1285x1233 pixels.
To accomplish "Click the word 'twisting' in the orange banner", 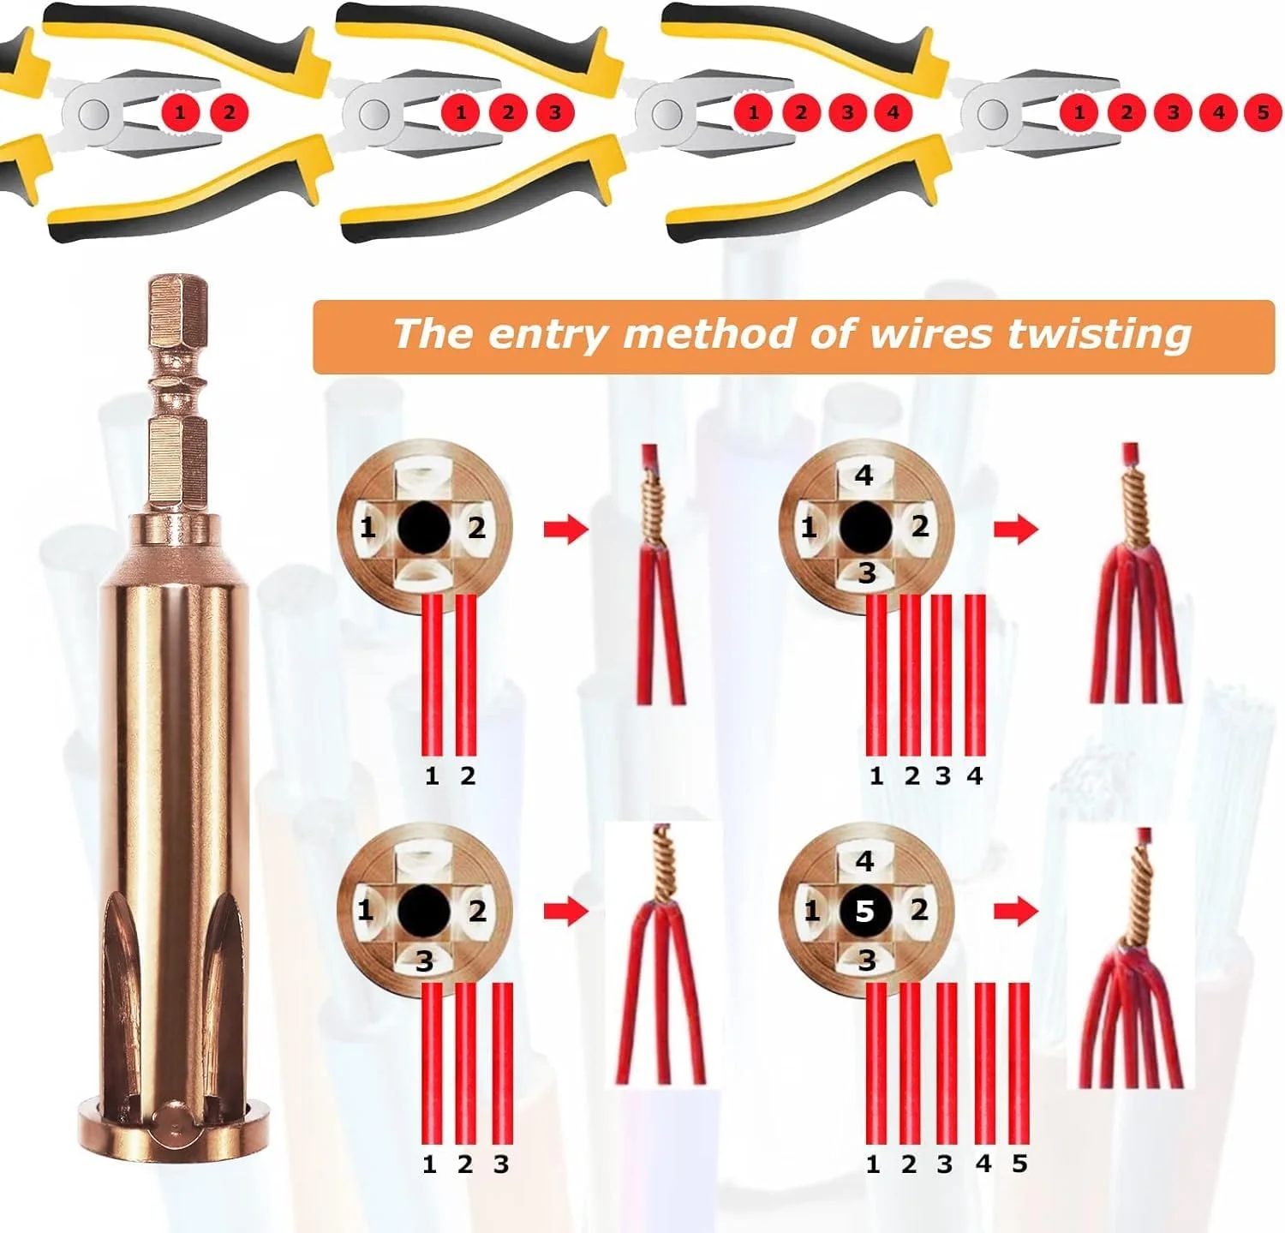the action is tap(1098, 333).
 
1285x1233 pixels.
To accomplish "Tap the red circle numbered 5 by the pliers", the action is tap(1263, 112).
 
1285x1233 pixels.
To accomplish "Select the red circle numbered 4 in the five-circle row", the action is tap(1218, 112).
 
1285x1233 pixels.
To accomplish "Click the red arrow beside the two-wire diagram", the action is tap(565, 529).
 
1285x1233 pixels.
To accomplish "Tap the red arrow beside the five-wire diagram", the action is tap(1016, 911).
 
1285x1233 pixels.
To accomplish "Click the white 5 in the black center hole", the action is tap(864, 912).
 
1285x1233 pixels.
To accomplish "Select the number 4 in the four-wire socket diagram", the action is tap(864, 475).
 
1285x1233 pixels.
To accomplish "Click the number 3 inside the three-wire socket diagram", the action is tap(424, 961).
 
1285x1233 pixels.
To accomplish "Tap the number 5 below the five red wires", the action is tap(1019, 1164).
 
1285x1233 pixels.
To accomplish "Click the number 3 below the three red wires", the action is tap(501, 1164).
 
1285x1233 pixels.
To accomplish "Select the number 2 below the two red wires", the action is tap(467, 775).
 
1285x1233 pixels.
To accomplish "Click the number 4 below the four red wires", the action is tap(974, 775).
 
